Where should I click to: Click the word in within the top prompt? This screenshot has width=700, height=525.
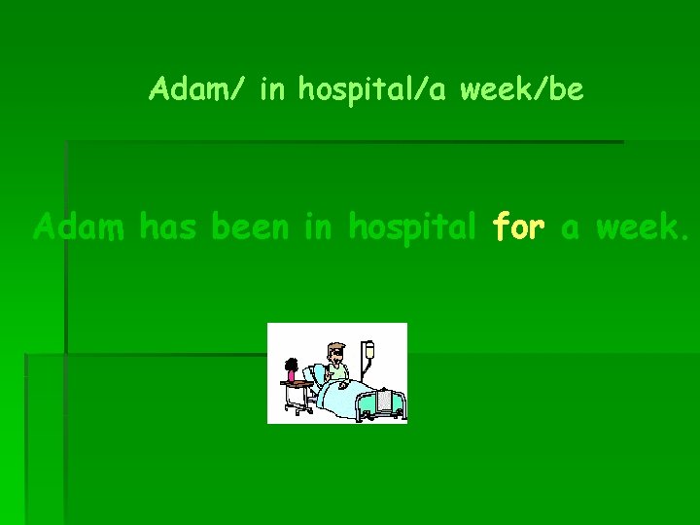coord(273,90)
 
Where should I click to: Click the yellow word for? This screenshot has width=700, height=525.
coord(519,227)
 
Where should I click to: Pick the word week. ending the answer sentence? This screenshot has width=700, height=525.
coord(643,227)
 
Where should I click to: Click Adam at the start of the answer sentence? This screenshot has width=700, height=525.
coord(80,227)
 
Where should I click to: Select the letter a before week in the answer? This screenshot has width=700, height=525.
coord(571,229)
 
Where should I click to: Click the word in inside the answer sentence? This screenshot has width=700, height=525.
coord(318,227)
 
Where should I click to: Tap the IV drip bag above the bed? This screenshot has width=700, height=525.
coord(368,351)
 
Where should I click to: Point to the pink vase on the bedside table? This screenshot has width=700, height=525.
coord(290,374)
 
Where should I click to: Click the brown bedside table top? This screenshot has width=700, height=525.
coord(297,383)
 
